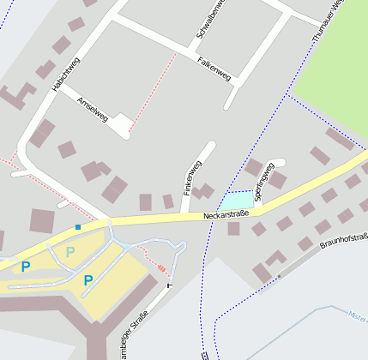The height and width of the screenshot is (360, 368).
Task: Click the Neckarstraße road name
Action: pyautogui.click(x=226, y=213)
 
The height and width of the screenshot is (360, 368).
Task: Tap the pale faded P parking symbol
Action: pyautogui.click(x=70, y=252)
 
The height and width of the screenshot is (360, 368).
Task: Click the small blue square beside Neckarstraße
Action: pyautogui.click(x=78, y=226)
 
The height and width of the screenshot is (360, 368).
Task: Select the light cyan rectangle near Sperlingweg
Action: pyautogui.click(x=236, y=201)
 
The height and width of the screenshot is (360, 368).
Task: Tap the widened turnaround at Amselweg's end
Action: pyautogui.click(x=123, y=125)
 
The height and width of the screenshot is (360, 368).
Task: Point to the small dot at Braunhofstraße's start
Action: pyautogui.click(x=278, y=276)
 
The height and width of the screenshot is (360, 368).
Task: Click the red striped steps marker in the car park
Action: pyautogui.click(x=161, y=268)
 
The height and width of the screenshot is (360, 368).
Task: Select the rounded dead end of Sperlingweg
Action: pyautogui.click(x=279, y=162)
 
